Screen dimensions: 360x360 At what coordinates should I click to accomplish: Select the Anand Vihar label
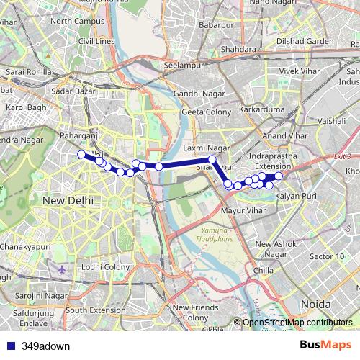281,135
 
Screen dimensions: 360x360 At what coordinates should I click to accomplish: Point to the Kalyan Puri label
293,196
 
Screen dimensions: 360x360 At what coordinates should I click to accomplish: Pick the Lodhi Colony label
105,267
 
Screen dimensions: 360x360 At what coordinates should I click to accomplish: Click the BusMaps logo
325,345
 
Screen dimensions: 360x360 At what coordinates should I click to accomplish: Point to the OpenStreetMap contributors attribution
297,323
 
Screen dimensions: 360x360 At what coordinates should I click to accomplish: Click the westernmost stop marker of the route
81,153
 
